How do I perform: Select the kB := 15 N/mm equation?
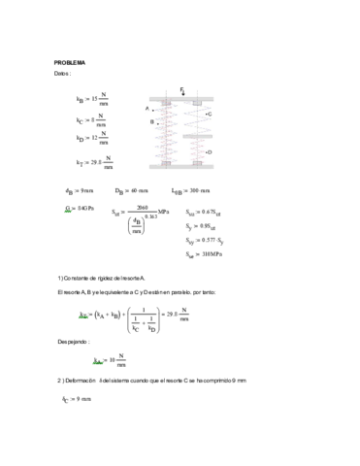(x=92, y=99)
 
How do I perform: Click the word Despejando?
(x=73, y=341)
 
